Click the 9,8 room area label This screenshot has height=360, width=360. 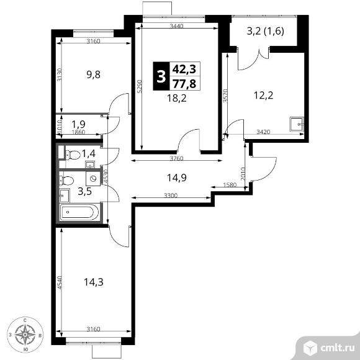click(94, 74)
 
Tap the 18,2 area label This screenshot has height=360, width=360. click(176, 98)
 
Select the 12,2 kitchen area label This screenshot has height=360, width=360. click(264, 95)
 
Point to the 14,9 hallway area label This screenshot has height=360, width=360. click(176, 178)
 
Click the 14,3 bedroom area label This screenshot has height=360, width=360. click(94, 282)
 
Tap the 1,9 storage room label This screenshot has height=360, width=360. click(78, 124)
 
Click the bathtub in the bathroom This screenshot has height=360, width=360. click(79, 212)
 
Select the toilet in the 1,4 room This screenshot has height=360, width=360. click(73, 155)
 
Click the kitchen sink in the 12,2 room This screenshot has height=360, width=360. click(297, 124)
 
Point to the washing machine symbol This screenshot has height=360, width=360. click(93, 178)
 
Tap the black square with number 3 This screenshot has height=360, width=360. click(161, 76)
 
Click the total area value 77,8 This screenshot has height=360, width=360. click(184, 83)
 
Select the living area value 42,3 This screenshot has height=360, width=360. click(184, 69)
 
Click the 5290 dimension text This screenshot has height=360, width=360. click(140, 86)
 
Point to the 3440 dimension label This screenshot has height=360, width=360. click(176, 26)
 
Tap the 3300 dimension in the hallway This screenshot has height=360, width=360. click(171, 196)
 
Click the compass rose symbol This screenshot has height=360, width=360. click(25, 335)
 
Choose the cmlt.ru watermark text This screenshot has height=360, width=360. click(338, 348)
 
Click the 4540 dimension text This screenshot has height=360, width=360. click(60, 282)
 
